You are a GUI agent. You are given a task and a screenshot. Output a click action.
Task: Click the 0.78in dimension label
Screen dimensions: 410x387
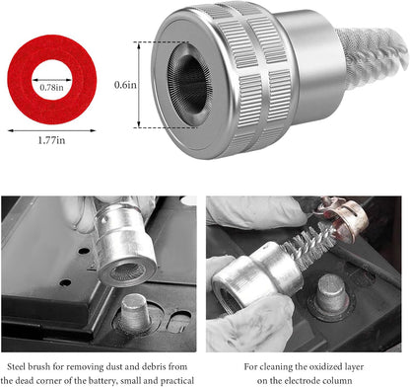point(51,87)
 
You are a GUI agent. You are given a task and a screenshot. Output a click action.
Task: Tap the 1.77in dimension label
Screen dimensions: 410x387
point(51,140)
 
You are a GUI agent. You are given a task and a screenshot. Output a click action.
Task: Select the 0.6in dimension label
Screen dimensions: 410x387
point(125,85)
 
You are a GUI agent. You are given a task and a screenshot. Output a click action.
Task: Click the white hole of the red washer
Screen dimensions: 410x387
point(52,79)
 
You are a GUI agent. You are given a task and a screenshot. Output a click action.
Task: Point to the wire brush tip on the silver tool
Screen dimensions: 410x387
point(373,56)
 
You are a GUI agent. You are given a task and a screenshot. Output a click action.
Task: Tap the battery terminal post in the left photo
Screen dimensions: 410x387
point(134,312)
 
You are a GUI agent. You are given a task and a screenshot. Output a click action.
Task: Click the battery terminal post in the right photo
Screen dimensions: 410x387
point(332,295)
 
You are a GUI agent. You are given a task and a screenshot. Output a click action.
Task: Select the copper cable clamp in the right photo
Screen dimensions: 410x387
point(344,218)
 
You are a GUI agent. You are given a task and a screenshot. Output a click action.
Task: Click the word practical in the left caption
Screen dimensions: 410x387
point(177,381)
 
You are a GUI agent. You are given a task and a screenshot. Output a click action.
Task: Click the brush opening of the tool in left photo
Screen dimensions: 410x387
point(127,271)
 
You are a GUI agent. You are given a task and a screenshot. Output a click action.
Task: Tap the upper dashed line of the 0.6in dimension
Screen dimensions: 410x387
point(162,42)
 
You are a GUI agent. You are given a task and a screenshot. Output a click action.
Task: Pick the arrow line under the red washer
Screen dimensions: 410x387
point(51,130)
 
